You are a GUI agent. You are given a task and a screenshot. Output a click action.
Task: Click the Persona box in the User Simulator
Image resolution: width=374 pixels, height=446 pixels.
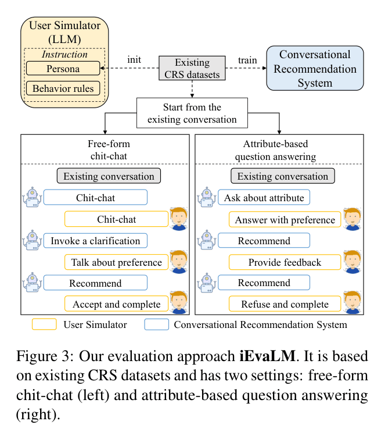coord(63,69)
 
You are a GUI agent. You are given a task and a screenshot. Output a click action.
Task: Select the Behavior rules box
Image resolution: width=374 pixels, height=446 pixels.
coord(63,88)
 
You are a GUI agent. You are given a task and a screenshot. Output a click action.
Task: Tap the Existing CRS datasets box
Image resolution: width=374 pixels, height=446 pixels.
coord(192,68)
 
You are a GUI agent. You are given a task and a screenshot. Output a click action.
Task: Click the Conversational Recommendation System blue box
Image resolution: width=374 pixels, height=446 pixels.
coord(315,68)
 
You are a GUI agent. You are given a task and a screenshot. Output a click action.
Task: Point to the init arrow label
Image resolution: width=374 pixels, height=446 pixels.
coord(134,60)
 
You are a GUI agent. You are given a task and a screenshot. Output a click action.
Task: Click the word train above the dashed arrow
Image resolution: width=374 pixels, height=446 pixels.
coord(247,60)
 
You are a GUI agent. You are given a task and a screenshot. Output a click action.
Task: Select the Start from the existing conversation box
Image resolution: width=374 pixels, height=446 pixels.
coord(192,113)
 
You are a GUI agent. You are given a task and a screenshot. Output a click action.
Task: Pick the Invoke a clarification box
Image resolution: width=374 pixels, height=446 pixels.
coord(95,241)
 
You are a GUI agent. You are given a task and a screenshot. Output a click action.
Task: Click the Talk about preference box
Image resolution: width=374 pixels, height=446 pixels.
coord(116,262)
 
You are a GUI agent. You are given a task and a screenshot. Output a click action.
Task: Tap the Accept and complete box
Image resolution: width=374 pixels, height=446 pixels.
coord(116,304)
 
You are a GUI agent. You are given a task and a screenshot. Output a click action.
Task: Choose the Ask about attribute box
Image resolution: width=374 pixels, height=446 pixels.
coord(264,197)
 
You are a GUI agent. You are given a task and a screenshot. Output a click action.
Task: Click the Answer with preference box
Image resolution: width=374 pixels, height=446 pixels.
coord(285,219)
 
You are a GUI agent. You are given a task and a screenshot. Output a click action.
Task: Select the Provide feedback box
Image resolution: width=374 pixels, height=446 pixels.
coord(285,262)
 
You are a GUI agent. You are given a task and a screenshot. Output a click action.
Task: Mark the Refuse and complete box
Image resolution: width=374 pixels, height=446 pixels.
coord(285,304)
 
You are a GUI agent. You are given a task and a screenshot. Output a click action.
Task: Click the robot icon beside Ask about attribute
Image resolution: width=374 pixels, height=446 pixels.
coord(207,197)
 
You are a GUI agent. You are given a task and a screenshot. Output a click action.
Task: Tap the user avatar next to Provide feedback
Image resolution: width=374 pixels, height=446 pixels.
coord(353,262)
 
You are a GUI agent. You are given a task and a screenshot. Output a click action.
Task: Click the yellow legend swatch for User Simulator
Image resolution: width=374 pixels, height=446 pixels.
coord(44,324)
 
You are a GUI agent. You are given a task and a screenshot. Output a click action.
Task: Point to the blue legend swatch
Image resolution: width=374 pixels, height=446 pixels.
coord(156,324)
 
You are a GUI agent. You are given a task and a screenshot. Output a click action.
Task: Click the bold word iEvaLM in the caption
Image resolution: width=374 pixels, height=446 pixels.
coord(268,356)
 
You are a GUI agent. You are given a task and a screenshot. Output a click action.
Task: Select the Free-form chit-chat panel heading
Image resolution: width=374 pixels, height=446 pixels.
coord(109,150)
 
